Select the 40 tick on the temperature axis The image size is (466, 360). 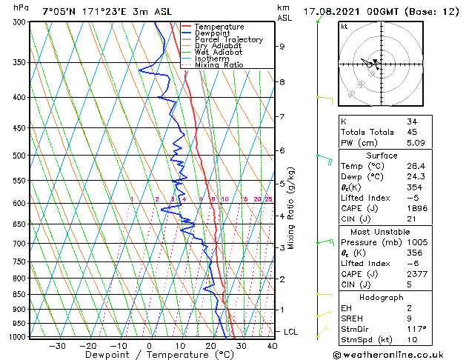click(x=272, y=345)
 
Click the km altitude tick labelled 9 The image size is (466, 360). click(x=282, y=47)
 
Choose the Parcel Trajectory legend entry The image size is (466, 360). click(x=228, y=40)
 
